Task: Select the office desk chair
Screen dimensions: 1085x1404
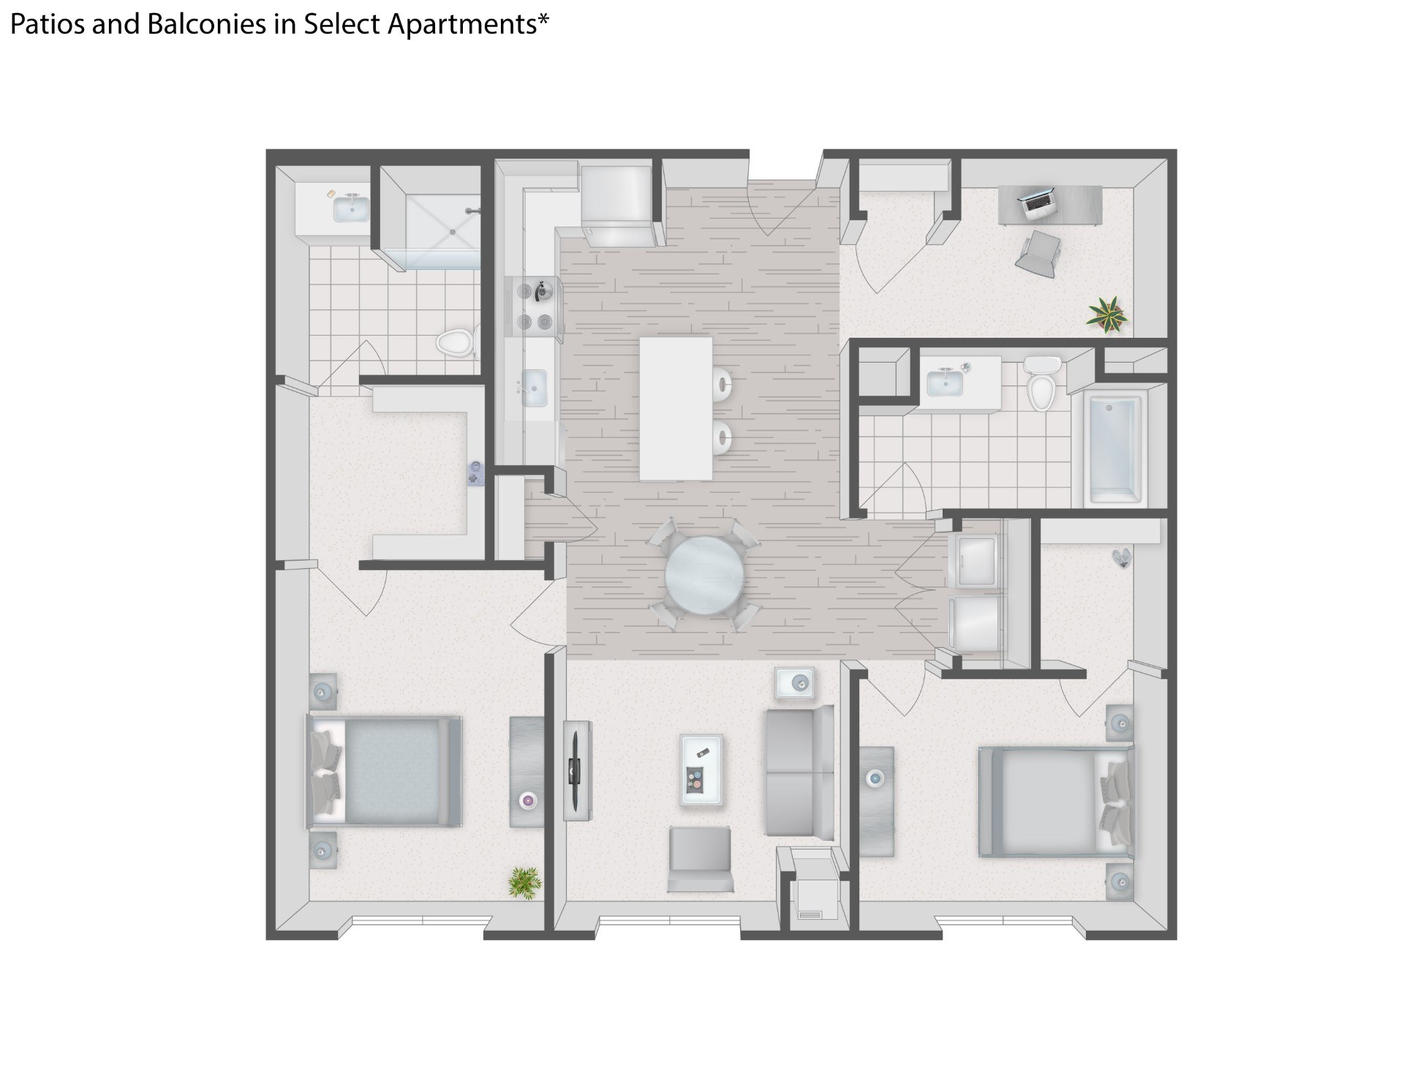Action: click(1038, 253)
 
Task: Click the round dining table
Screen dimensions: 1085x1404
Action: click(705, 575)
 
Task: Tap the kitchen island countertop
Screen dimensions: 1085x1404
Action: click(676, 408)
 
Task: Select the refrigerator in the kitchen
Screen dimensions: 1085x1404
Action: click(616, 205)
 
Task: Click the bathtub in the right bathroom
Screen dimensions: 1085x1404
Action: click(1115, 449)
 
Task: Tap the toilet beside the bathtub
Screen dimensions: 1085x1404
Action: click(1041, 383)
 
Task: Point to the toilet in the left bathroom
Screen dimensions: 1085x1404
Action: click(456, 341)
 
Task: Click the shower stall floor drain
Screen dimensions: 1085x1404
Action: click(453, 231)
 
